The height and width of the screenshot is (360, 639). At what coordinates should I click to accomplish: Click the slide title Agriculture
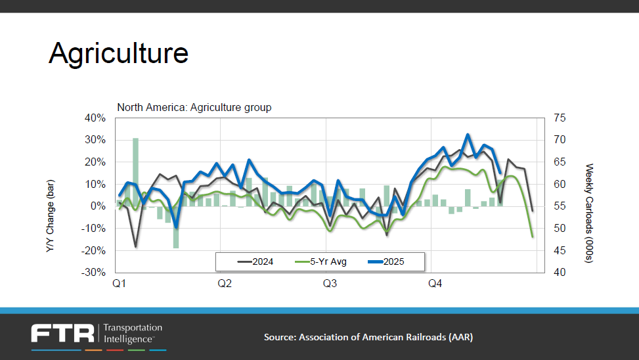point(118,53)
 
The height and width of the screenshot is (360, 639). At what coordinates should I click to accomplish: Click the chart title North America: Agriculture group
point(194,107)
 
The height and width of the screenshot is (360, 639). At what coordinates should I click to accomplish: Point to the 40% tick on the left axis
point(95,118)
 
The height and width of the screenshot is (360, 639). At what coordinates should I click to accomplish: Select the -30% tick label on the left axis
point(93,273)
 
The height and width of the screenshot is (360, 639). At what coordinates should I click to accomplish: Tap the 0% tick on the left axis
point(98,206)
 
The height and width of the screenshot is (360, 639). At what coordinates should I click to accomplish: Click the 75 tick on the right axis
point(560,118)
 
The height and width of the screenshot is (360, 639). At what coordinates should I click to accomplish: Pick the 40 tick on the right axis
point(560,273)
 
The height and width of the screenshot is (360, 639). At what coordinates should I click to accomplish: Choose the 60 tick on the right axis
point(560,185)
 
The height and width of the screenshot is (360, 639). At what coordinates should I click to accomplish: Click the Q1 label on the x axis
point(120,284)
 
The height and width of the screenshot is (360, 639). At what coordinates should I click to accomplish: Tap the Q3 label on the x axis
point(330,284)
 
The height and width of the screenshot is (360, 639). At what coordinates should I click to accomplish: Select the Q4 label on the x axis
point(435,284)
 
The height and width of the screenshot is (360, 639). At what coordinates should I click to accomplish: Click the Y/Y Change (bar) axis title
point(50,195)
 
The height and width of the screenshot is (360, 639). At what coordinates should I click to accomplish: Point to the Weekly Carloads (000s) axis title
point(589,195)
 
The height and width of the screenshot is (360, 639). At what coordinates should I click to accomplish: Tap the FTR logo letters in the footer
point(62,333)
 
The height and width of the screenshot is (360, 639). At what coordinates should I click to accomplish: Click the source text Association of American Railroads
point(368,337)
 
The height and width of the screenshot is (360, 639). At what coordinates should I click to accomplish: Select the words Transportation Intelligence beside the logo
point(133,333)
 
